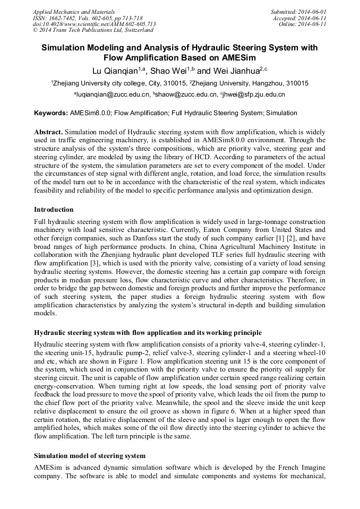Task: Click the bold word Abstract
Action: coord(48,131)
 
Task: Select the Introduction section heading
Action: coord(54,210)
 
